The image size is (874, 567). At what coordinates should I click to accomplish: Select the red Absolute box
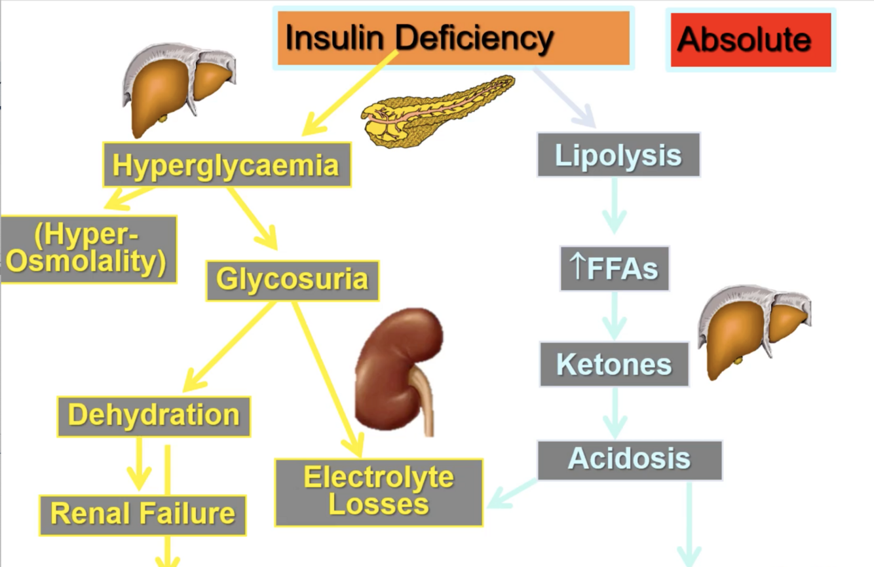750,39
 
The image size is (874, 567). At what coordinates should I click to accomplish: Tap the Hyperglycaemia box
226,165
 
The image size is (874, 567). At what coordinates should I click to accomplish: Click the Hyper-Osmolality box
88,249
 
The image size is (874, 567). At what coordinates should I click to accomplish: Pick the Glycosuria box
292,280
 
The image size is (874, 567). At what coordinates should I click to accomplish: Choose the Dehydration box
154,416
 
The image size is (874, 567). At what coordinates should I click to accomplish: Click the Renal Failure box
143,515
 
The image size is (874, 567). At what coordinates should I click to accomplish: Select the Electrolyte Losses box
379,492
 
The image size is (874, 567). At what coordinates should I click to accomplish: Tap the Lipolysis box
618,155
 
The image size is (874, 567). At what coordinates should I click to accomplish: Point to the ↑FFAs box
614,268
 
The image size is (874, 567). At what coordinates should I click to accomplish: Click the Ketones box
614,364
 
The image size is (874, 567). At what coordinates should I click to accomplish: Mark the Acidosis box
629,460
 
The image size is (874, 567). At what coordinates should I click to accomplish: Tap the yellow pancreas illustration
436,111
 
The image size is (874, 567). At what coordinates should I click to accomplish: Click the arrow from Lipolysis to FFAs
614,206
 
